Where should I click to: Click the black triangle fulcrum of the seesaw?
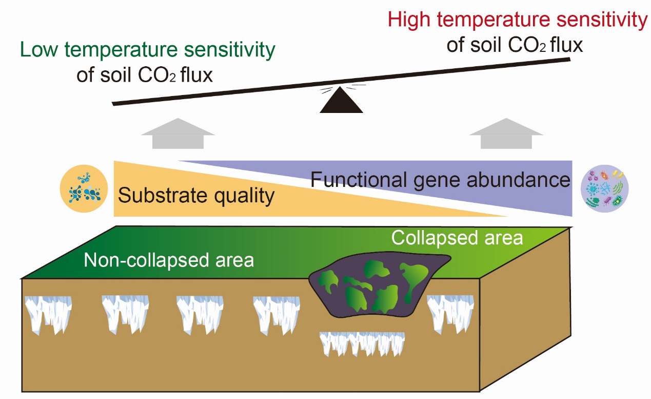pyautogui.click(x=341, y=103)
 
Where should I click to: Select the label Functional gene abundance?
pyautogui.click(x=440, y=181)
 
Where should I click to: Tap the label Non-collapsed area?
pyautogui.click(x=169, y=260)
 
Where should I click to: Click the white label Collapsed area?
pyautogui.click(x=457, y=238)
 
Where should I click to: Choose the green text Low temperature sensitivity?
pyautogui.click(x=148, y=51)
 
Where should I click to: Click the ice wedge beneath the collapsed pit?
pyautogui.click(x=362, y=343)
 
